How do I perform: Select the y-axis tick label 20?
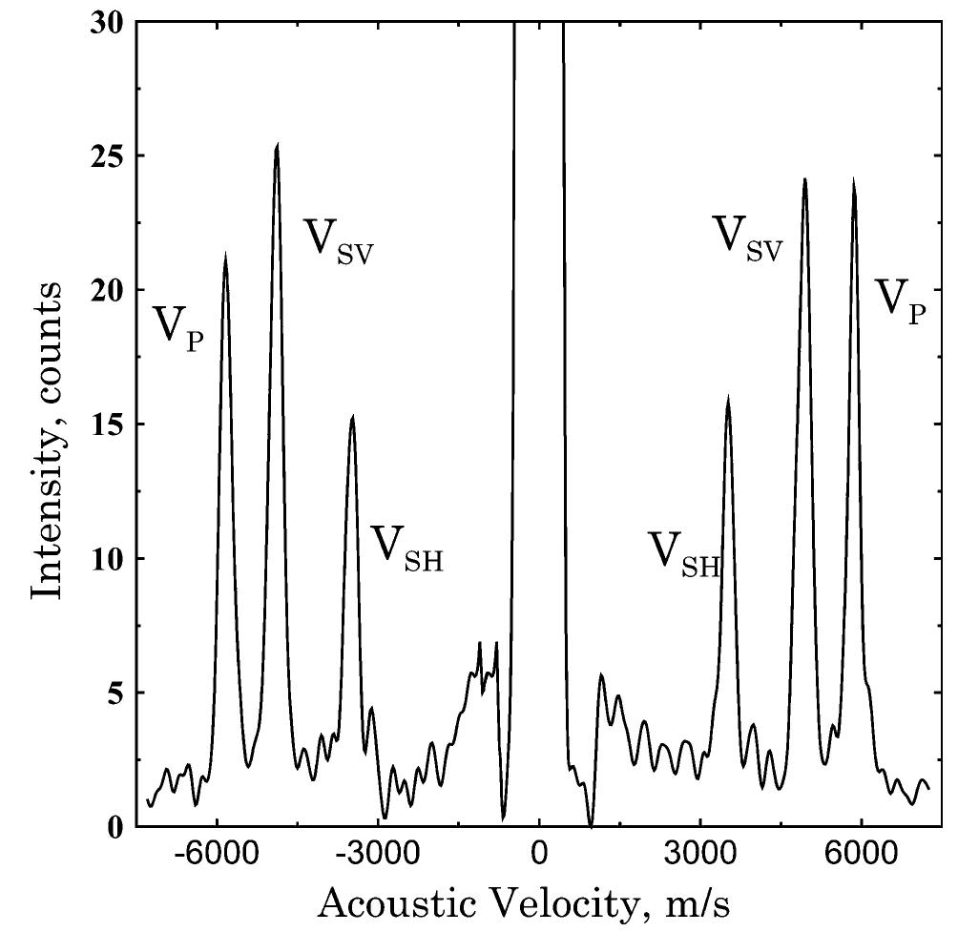(107, 290)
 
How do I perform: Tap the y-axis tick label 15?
(107, 425)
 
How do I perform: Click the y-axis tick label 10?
(107, 559)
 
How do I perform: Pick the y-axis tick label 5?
(115, 694)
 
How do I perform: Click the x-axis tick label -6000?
(217, 855)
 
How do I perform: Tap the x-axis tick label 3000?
(700, 855)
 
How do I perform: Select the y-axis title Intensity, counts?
(46, 440)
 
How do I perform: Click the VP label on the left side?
(178, 327)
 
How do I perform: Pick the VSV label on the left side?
(339, 238)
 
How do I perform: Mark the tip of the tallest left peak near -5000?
(277, 145)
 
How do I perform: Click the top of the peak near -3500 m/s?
(352, 417)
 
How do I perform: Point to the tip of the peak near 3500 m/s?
(728, 399)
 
